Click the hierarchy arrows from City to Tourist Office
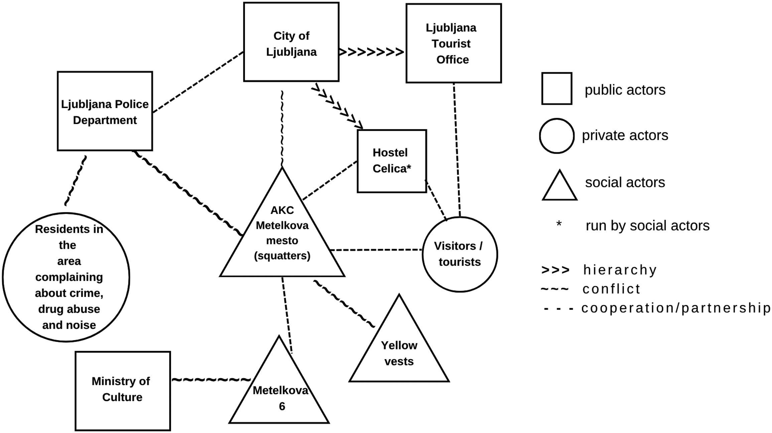tap(372, 52)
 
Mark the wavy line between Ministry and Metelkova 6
tap(211, 380)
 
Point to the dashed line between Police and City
tap(198, 82)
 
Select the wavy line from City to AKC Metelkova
tap(282, 128)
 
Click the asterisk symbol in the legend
tap(559, 224)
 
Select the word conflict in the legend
tap(611, 289)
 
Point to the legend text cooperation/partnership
tap(676, 308)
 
